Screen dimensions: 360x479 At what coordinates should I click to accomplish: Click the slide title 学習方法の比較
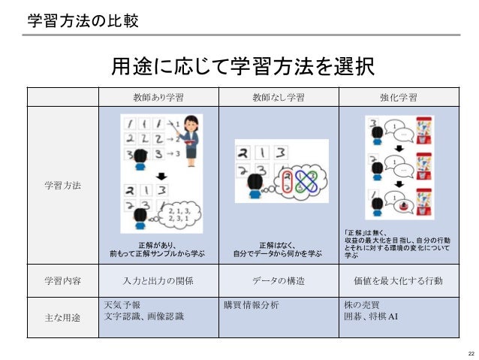click(83, 21)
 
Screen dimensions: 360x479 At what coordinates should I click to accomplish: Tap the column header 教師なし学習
click(279, 97)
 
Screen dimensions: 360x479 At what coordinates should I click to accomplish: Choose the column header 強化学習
click(399, 97)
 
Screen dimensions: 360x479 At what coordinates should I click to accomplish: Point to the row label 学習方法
click(62, 185)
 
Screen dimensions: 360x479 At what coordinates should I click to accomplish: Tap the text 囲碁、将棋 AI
click(371, 316)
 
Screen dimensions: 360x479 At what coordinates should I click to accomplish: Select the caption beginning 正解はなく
click(278, 250)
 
